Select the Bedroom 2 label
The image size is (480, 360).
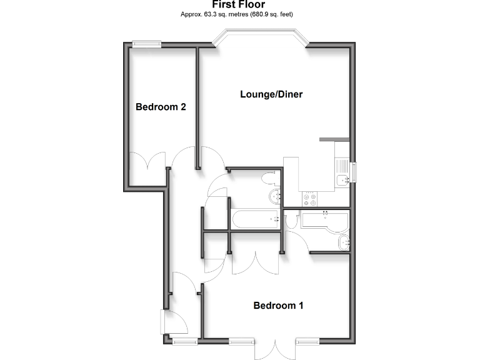pyautogui.click(x=161, y=107)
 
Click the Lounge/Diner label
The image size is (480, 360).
pyautogui.click(x=271, y=94)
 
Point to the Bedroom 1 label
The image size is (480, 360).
pyautogui.click(x=278, y=306)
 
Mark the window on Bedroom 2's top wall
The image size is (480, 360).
pyautogui.click(x=147, y=44)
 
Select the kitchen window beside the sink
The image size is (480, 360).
pyautogui.click(x=353, y=173)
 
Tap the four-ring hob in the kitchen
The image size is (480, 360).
pyautogui.click(x=310, y=199)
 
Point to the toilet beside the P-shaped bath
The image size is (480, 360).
pyautogui.click(x=291, y=221)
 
